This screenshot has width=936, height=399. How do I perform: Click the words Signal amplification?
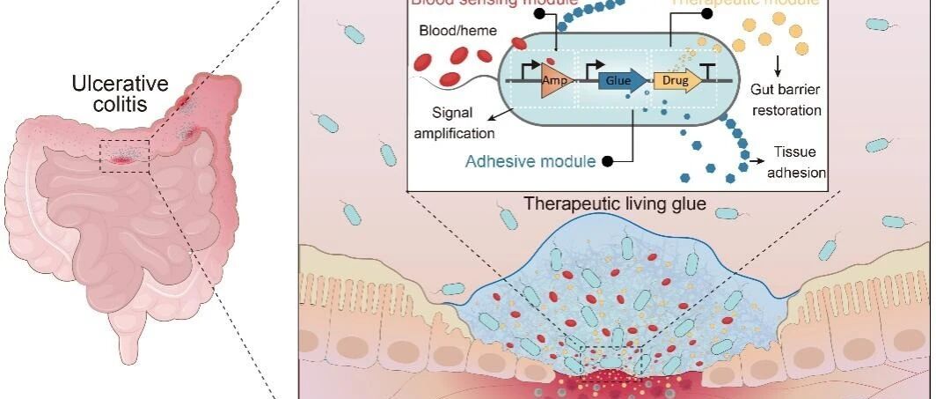[463, 123]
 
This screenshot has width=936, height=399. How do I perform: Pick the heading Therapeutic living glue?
[614, 203]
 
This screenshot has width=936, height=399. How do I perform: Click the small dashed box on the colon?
[124, 155]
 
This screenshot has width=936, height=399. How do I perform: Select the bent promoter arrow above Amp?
[531, 63]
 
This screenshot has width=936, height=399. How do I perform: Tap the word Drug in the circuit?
[675, 80]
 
